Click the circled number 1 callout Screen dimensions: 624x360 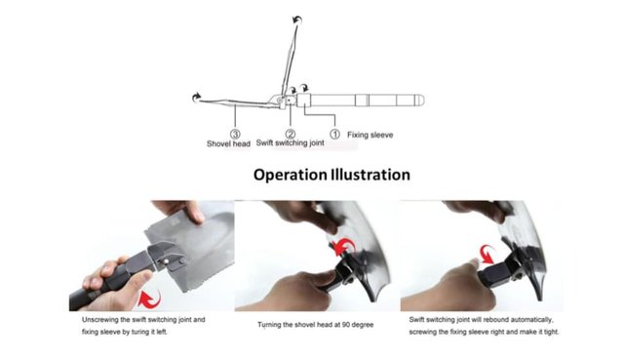[335, 135]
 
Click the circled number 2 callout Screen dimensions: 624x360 [291, 134]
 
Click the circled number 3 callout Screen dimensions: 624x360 [235, 135]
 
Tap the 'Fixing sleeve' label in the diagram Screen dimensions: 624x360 [370, 135]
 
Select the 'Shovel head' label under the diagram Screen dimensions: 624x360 [228, 143]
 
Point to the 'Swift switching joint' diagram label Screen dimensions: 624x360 [291, 143]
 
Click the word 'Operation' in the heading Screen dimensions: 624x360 [290, 176]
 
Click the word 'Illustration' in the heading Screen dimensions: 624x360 [370, 175]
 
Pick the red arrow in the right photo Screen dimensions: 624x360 [487, 254]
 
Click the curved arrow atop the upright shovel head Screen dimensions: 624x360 [297, 20]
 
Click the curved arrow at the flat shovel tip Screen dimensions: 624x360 [196, 97]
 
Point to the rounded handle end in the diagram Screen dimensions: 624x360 [420, 100]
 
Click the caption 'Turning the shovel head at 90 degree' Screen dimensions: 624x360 [315, 325]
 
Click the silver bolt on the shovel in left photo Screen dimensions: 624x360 [166, 261]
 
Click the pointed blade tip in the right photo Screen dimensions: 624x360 [541, 299]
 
